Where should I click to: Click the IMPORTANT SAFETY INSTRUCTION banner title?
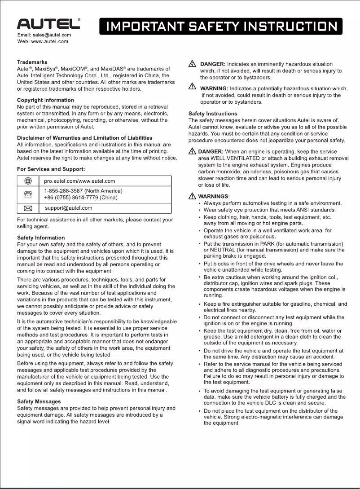pyautogui.click(x=221, y=26)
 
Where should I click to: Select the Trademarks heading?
pyautogui.click(x=32, y=62)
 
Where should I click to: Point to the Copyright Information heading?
pyautogui.click(x=45, y=100)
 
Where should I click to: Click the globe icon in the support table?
pyautogui.click(x=27, y=181)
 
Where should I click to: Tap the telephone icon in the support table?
pyautogui.click(x=27, y=194)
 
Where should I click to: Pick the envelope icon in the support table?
pyautogui.click(x=27, y=208)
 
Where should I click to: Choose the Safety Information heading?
pyautogui.click(x=41, y=237)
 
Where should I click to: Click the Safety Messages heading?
pyautogui.click(x=39, y=401)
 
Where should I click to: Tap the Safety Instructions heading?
pyautogui.click(x=213, y=114)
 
